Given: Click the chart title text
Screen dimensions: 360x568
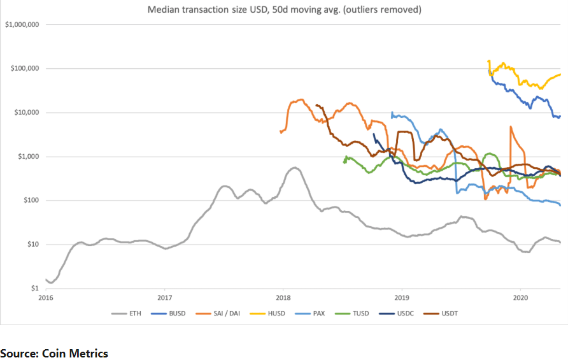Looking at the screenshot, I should click(284, 10).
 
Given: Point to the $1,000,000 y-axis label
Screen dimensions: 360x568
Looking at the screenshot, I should click(23, 25).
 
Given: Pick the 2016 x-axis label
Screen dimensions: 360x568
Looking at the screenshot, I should click(46, 298).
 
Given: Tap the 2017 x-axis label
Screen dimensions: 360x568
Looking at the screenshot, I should click(164, 298).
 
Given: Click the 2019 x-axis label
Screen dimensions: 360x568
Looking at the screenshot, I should click(402, 298).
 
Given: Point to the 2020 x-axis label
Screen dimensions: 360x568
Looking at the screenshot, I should click(520, 298).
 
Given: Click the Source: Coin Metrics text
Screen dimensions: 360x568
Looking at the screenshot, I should click(54, 353).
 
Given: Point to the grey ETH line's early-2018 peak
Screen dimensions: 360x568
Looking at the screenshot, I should click(294, 168).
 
